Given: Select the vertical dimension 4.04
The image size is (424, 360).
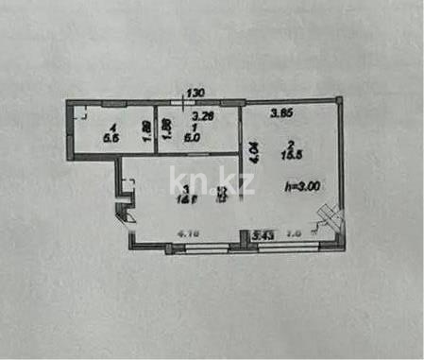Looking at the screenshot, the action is click(x=252, y=154).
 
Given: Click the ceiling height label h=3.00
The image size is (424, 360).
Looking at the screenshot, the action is click(x=303, y=186).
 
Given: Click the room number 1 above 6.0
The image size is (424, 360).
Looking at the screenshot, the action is click(x=192, y=127).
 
